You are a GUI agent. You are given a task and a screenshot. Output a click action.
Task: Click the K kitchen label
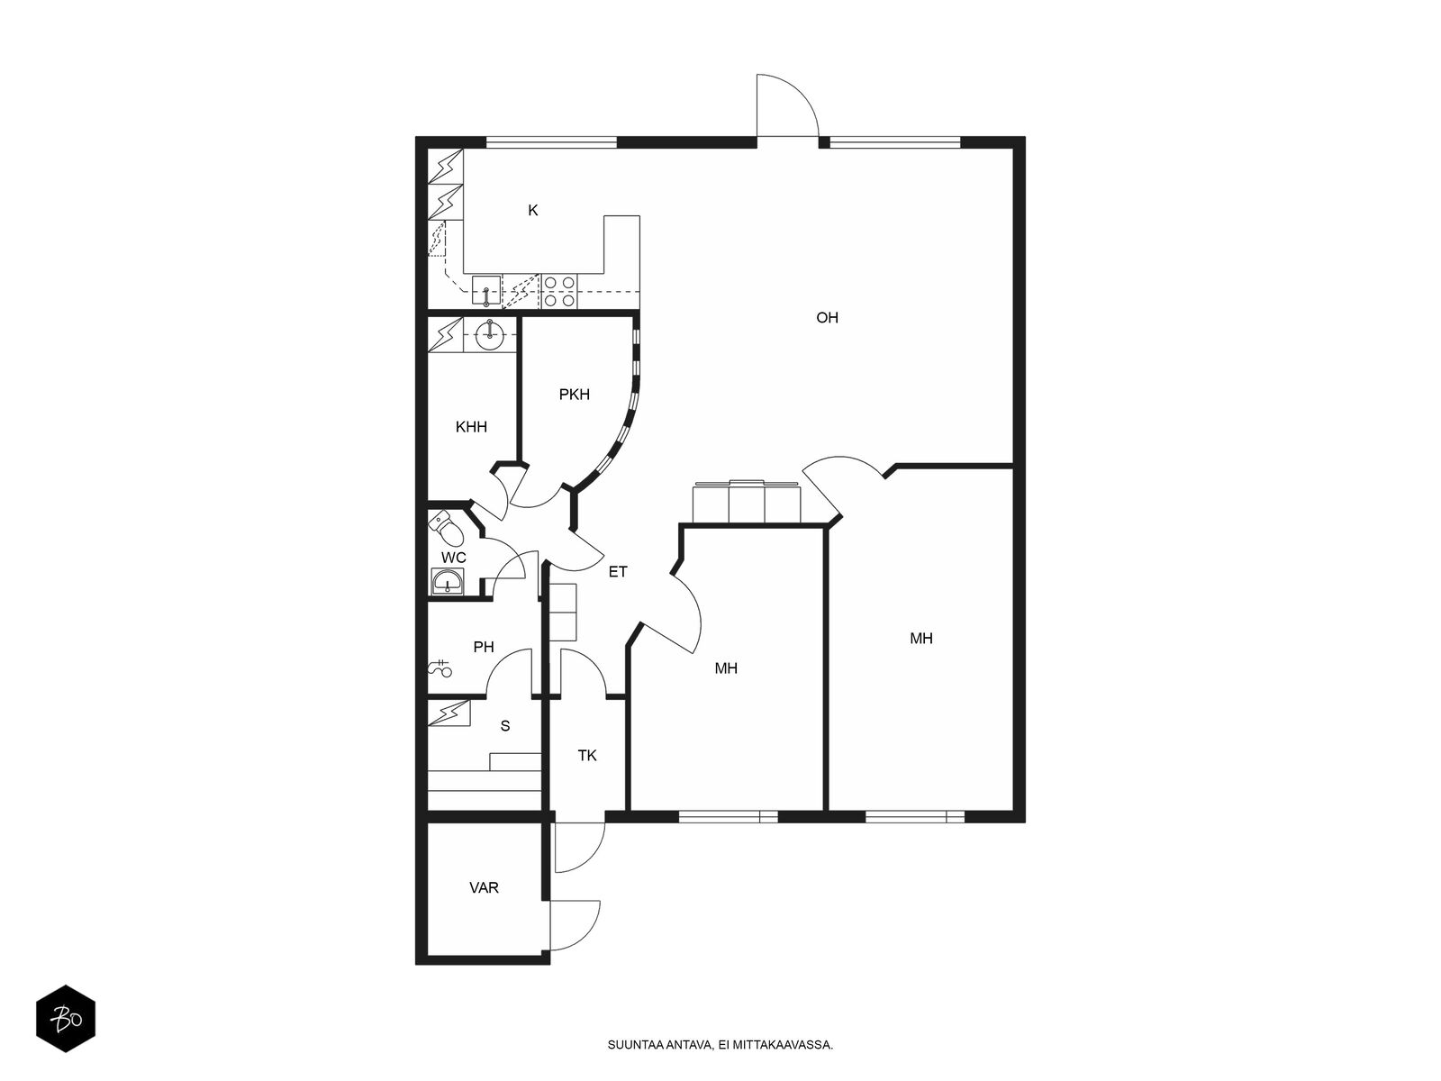(532, 210)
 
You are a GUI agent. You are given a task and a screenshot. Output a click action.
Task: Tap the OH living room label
(827, 318)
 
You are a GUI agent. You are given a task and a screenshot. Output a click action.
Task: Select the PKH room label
(574, 395)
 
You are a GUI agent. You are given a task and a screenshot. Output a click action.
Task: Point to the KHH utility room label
(471, 427)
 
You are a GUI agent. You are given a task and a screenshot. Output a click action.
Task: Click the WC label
(453, 558)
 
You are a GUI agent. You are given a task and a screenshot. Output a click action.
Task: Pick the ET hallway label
(617, 572)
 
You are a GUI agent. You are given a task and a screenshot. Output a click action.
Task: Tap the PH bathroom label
(483, 647)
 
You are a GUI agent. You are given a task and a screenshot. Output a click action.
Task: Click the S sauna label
(505, 726)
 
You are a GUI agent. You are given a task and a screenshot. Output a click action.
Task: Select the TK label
(587, 756)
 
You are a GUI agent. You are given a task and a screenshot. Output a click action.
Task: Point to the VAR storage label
(484, 888)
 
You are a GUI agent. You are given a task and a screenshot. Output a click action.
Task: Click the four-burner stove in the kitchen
(559, 291)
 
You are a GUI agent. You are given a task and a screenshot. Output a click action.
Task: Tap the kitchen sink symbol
(486, 290)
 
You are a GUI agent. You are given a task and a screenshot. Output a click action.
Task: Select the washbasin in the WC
(447, 582)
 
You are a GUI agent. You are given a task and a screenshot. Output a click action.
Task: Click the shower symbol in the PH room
(440, 668)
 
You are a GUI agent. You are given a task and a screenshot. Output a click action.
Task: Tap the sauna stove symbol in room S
(449, 713)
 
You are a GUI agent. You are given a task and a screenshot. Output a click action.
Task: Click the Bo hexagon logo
(66, 1019)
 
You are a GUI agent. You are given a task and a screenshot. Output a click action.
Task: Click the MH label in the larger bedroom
(921, 639)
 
